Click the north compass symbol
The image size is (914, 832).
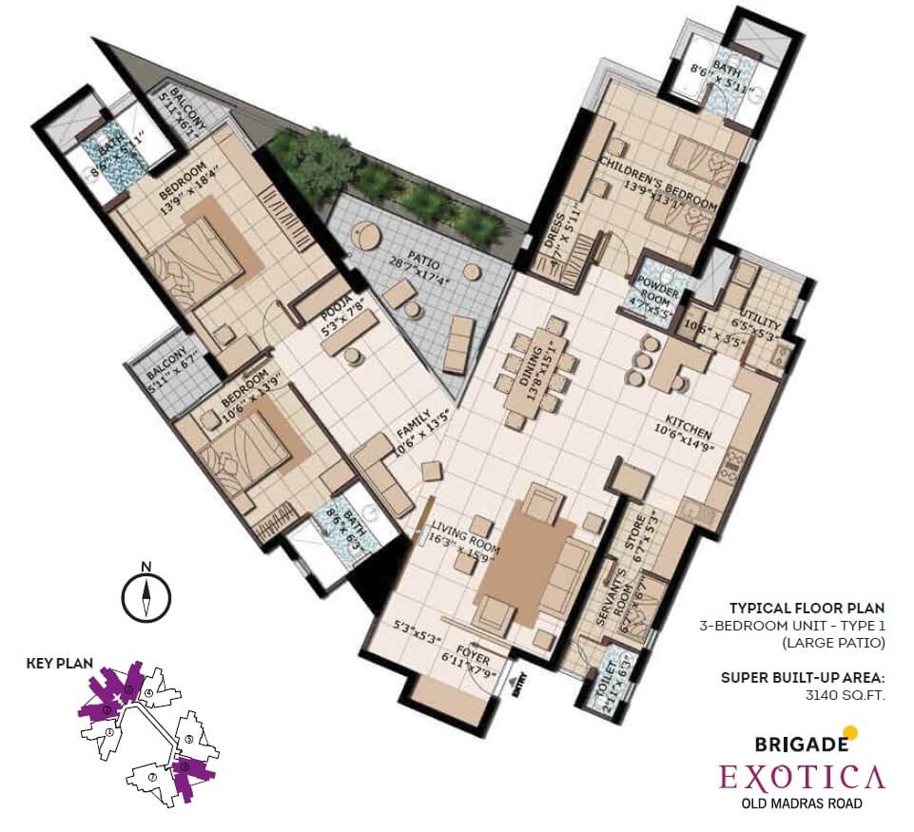click(146, 596)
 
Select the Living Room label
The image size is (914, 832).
click(463, 532)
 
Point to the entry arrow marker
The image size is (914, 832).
click(518, 682)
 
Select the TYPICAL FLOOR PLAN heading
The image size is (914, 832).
click(807, 608)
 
